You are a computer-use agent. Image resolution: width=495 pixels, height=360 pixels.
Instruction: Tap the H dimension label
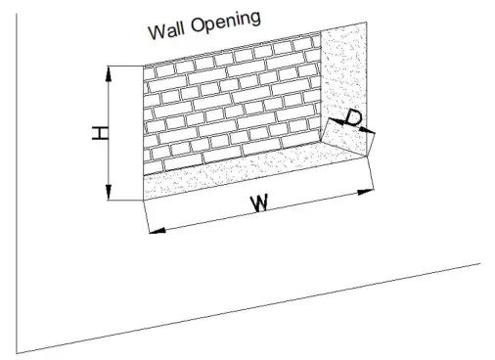99,133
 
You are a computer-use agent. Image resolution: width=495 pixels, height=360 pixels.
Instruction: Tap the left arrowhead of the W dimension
152,231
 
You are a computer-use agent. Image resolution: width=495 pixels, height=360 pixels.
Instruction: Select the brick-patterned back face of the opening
230,108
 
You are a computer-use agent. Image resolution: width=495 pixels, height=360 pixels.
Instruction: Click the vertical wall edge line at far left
17,196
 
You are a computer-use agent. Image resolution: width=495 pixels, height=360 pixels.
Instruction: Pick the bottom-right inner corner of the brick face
322,138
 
